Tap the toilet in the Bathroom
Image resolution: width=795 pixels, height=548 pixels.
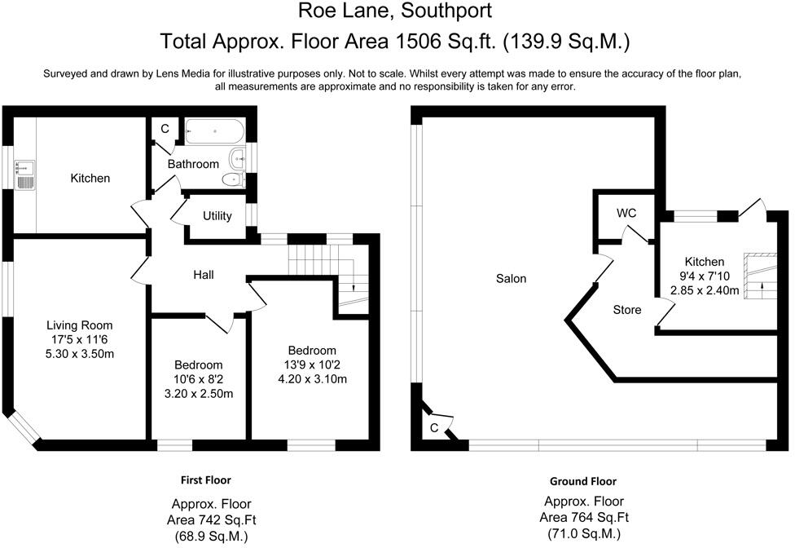point(234,179)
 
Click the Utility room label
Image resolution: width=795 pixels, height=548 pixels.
point(217,216)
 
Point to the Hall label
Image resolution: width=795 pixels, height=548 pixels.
point(204,275)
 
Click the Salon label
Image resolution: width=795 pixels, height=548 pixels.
point(512,279)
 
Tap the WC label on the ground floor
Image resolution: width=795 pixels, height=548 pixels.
point(626,213)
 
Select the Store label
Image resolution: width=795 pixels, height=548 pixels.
point(627,310)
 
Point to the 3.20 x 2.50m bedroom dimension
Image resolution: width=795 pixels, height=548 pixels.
point(199,394)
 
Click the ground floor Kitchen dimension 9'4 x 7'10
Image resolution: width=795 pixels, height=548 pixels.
point(705,276)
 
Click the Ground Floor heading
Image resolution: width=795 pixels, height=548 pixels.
point(582,481)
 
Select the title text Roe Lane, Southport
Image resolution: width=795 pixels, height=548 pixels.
point(395,11)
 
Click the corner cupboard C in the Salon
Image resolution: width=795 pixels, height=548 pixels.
point(434,427)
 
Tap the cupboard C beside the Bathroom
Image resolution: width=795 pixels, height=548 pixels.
point(165,129)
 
